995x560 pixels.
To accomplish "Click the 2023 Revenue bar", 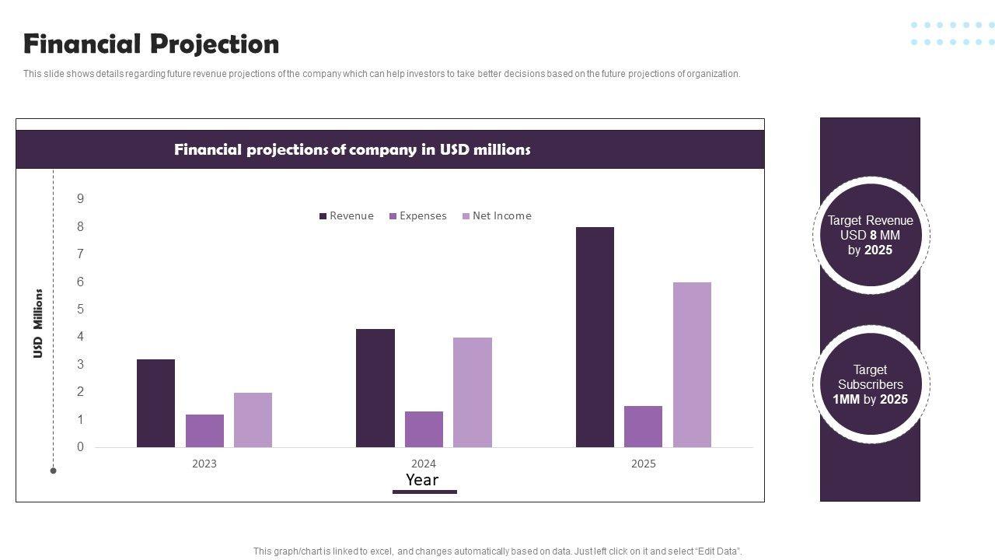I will click(155, 403).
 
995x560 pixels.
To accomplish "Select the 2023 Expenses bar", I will click(204, 431).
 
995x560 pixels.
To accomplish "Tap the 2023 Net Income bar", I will click(253, 420).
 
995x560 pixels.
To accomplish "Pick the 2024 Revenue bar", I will click(375, 388).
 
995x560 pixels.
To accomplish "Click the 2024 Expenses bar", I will click(424, 429).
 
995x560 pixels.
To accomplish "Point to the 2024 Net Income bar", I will click(473, 392).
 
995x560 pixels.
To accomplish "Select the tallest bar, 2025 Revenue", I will click(595, 337).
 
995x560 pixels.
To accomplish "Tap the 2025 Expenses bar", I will click(643, 426).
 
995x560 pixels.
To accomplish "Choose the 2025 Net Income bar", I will click(692, 365).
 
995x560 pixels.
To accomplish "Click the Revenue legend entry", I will click(347, 216).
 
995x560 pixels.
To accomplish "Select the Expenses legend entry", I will click(418, 216).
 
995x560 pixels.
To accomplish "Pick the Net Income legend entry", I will click(497, 216).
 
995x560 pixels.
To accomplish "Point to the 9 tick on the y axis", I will click(80, 199).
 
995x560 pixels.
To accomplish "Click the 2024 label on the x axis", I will click(424, 464).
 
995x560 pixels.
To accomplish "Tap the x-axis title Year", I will click(422, 480).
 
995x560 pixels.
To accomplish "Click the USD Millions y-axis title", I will click(37, 324).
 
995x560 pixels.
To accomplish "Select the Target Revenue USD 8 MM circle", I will click(871, 235).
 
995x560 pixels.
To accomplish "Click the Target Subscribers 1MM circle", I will click(871, 384).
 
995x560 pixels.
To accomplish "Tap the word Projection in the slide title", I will click(215, 44).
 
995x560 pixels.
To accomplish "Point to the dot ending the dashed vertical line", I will click(53, 471).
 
